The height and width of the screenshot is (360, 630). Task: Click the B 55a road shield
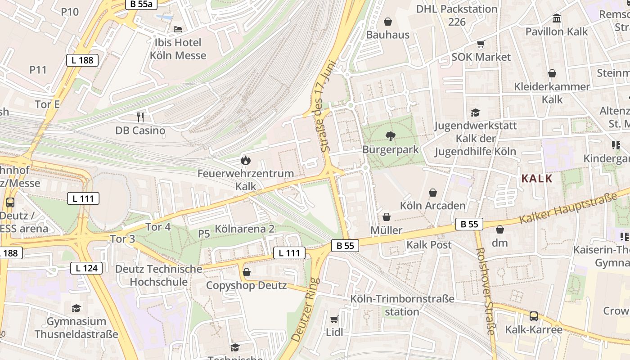click(x=141, y=4)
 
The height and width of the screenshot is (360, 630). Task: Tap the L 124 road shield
click(x=86, y=269)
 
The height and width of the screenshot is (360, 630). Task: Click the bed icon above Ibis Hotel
click(x=178, y=29)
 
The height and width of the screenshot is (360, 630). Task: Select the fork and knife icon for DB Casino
click(x=140, y=117)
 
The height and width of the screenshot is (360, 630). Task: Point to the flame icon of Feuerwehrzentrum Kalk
click(x=245, y=160)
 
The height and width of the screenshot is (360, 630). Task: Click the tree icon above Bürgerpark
click(x=390, y=136)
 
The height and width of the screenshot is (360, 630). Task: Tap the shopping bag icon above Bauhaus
click(x=387, y=21)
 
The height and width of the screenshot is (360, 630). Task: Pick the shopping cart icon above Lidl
click(x=334, y=319)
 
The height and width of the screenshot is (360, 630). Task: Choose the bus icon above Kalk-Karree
click(x=533, y=316)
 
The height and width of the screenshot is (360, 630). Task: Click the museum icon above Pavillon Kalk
click(x=557, y=18)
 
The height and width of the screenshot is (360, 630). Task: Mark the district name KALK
click(x=536, y=178)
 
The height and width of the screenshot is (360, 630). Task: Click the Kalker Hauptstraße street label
click(x=568, y=208)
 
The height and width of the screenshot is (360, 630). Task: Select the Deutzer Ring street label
click(x=306, y=309)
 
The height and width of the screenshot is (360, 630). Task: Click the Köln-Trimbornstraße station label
click(x=402, y=305)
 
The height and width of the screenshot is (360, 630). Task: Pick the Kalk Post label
click(x=429, y=245)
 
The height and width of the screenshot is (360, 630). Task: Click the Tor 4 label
click(x=158, y=227)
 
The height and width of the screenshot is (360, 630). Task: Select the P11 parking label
click(x=38, y=70)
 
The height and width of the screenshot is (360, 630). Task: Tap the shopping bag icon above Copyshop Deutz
click(x=246, y=272)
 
